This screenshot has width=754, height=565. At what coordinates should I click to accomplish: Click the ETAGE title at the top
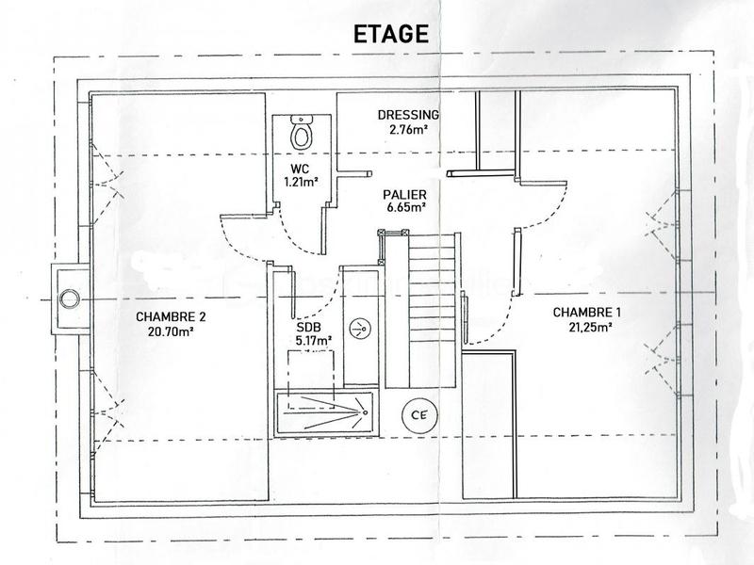point(390,33)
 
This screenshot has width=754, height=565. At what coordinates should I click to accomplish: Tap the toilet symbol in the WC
point(302,133)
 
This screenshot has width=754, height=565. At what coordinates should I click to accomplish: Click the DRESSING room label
point(408,116)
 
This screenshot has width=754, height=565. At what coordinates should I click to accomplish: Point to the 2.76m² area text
point(408,130)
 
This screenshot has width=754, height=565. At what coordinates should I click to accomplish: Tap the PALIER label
point(404,194)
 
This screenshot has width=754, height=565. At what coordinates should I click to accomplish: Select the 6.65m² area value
point(404,207)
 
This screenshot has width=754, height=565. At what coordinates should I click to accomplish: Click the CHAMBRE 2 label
point(171,317)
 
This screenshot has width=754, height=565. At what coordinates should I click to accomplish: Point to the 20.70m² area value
point(171,331)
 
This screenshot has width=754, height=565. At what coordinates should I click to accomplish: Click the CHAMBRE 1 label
point(582,313)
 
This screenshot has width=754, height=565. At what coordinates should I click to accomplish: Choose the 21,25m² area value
point(582,327)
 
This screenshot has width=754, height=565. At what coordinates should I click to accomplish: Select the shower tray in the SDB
point(324,411)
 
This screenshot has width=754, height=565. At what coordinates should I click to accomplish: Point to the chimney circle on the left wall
point(69,299)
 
